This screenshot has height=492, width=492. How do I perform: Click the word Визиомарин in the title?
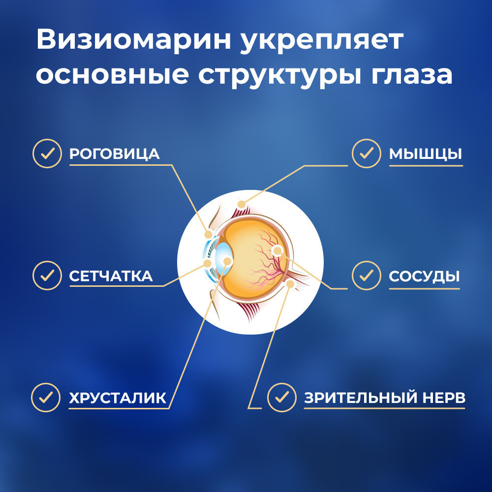click(134, 40)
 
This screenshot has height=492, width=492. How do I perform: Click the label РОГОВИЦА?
click(115, 154)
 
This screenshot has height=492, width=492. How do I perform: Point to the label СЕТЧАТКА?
click(111, 276)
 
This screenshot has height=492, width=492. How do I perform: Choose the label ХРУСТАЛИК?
click(118, 398)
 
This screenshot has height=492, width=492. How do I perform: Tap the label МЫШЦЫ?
click(426, 154)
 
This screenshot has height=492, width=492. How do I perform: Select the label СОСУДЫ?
click(424, 276)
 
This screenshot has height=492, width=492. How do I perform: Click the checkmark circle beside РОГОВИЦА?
click(47, 154)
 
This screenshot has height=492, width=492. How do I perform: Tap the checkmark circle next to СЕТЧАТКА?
click(47, 276)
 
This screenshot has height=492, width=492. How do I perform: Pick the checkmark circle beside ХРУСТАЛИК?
click(46, 398)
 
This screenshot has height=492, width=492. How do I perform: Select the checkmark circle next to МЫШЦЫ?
click(366, 154)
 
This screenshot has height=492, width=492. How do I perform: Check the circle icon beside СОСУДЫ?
click(366, 276)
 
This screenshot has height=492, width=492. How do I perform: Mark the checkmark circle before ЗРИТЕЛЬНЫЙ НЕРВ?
click(282, 398)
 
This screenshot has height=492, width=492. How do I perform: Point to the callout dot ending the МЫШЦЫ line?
click(241, 205)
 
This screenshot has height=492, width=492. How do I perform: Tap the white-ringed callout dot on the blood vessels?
click(277, 250)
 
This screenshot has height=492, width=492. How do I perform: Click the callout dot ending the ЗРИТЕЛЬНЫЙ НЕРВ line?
click(291, 284)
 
